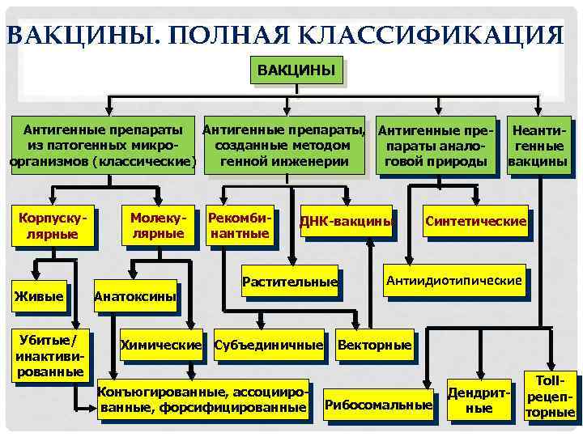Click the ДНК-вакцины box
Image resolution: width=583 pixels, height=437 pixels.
(x=347, y=222)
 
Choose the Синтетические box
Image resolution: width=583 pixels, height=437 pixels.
(x=476, y=221)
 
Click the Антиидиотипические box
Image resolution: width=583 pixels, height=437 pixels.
(x=453, y=281)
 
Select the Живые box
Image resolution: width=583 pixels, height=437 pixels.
(x=38, y=296)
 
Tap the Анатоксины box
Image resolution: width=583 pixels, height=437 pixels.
(x=135, y=296)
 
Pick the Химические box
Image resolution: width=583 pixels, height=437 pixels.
(x=160, y=346)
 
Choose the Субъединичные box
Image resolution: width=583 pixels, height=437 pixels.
(x=268, y=346)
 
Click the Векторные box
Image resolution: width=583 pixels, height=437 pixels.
(x=373, y=346)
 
